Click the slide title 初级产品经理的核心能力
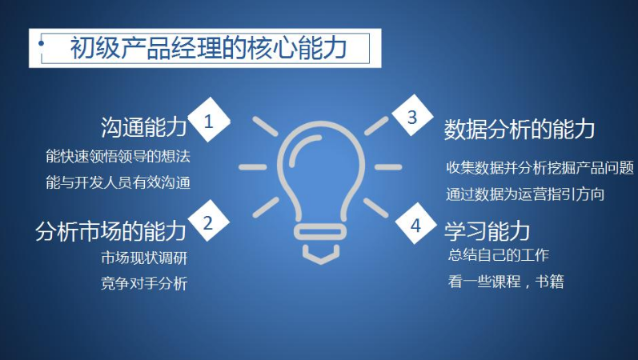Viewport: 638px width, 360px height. tap(208, 48)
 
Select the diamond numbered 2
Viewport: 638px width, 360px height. tap(208, 222)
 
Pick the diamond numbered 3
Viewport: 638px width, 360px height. tap(412, 116)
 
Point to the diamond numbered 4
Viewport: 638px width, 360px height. tap(415, 223)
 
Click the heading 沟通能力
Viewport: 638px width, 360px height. tap(143, 127)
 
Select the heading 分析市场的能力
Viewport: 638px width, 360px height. tap(110, 230)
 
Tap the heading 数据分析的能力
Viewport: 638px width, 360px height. tap(520, 130)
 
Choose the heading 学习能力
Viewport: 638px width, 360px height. tap(487, 231)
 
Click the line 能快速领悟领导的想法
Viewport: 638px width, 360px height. tap(118, 156)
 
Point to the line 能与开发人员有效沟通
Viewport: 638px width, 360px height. tap(118, 182)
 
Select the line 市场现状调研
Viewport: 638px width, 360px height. tap(144, 258)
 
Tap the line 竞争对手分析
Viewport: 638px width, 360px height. tap(144, 283)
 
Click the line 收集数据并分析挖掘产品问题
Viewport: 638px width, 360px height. tap(540, 167)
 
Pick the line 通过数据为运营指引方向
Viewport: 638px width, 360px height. tap(525, 194)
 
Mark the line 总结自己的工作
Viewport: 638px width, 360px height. tap(499, 255)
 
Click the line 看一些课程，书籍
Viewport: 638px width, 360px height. tap(506, 282)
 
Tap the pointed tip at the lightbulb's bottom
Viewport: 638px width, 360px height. tap(321, 262)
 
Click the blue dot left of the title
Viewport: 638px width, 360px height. tap(42, 43)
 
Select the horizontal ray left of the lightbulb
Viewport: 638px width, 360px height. tap(253, 167)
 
